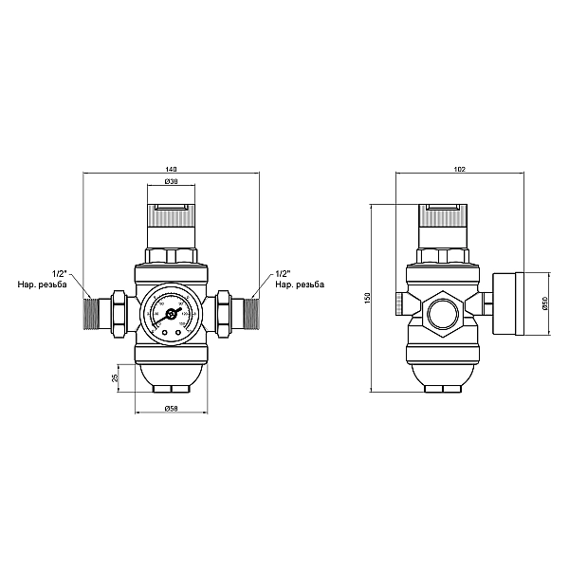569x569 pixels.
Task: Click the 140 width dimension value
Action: pyautogui.click(x=172, y=169)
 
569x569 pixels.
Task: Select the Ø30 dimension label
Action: pyautogui.click(x=172, y=181)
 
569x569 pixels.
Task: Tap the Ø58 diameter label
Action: pyautogui.click(x=172, y=409)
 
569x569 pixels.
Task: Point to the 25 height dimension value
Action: pyautogui.click(x=115, y=378)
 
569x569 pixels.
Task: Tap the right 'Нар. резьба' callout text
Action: pyautogui.click(x=299, y=284)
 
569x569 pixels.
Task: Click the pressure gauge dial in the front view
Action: pyautogui.click(x=172, y=312)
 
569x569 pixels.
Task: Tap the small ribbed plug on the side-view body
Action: pyautogui.click(x=398, y=303)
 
